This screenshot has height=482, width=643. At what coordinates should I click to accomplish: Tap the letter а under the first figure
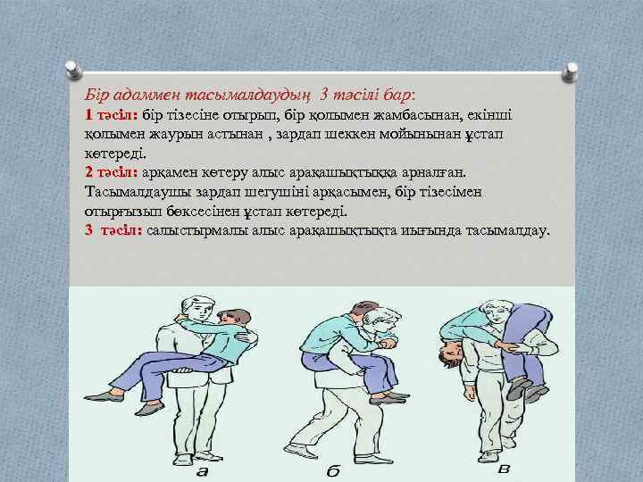click(x=203, y=470)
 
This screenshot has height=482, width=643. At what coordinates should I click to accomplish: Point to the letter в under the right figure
click(x=504, y=469)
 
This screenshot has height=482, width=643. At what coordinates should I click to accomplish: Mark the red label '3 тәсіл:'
click(x=113, y=229)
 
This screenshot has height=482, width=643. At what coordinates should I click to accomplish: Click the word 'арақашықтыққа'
click(x=350, y=170)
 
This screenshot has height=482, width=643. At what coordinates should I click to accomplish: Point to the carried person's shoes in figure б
click(x=389, y=395)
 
